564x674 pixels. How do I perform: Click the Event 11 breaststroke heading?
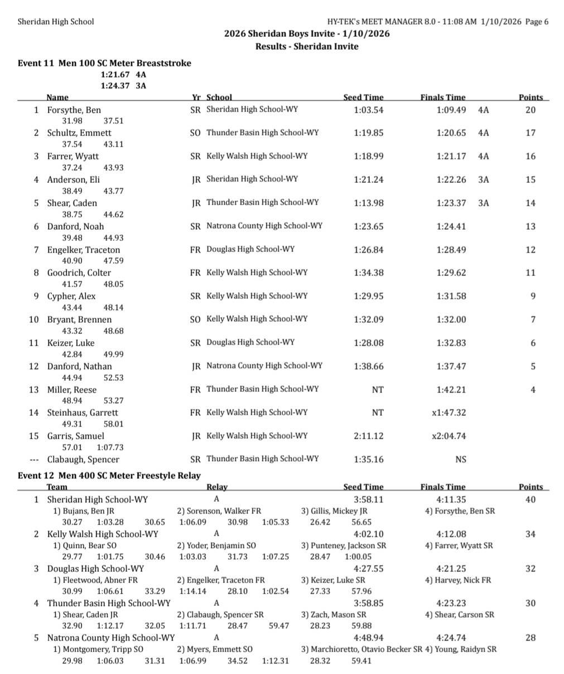pos(104,63)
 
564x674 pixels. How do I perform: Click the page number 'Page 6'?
pos(537,22)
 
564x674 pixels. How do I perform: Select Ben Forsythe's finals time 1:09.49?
pos(451,110)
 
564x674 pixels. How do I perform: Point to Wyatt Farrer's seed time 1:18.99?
pos(368,156)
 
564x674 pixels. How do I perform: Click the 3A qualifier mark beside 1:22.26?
pos(483,180)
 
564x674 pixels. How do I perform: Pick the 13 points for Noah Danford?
pos(530,226)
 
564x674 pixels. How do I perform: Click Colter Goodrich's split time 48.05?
pos(113,284)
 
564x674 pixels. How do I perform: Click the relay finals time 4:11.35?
pos(451,500)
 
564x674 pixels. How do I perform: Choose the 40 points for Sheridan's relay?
pos(530,500)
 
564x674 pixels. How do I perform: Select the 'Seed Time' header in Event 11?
pos(363,97)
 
